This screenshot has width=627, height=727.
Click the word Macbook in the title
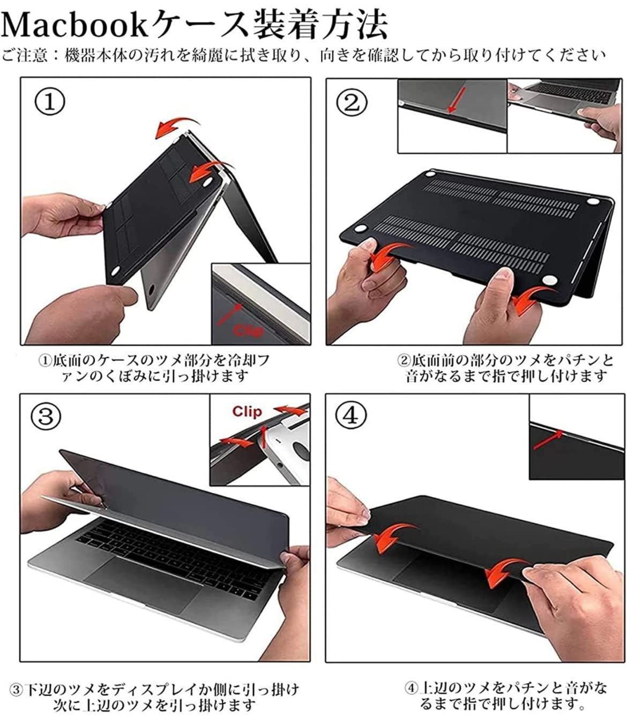74,24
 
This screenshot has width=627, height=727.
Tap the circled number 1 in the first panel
49,102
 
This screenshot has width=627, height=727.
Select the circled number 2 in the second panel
352,102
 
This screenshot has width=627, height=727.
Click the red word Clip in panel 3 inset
247,412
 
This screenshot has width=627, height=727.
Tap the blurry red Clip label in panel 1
249,330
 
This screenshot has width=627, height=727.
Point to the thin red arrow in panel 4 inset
548,440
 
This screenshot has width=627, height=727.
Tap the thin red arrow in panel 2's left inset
457,100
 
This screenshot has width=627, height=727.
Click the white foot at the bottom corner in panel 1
115,271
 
